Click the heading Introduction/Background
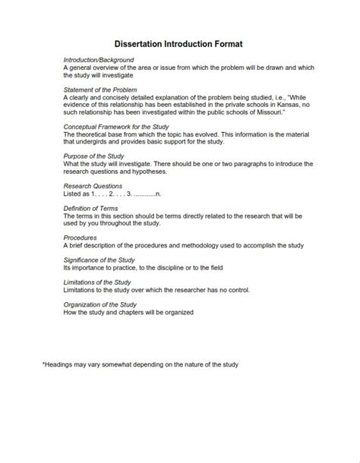point(99,59)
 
